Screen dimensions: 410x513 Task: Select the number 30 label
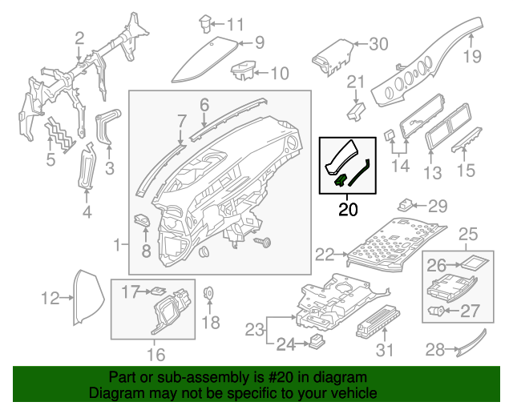click(377, 43)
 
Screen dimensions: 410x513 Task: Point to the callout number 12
click(50, 299)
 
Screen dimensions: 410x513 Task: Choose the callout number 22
click(324, 255)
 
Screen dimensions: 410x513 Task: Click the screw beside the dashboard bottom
click(261, 240)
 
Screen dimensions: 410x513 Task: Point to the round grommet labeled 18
click(208, 294)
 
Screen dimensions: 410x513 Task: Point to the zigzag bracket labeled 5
click(57, 133)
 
